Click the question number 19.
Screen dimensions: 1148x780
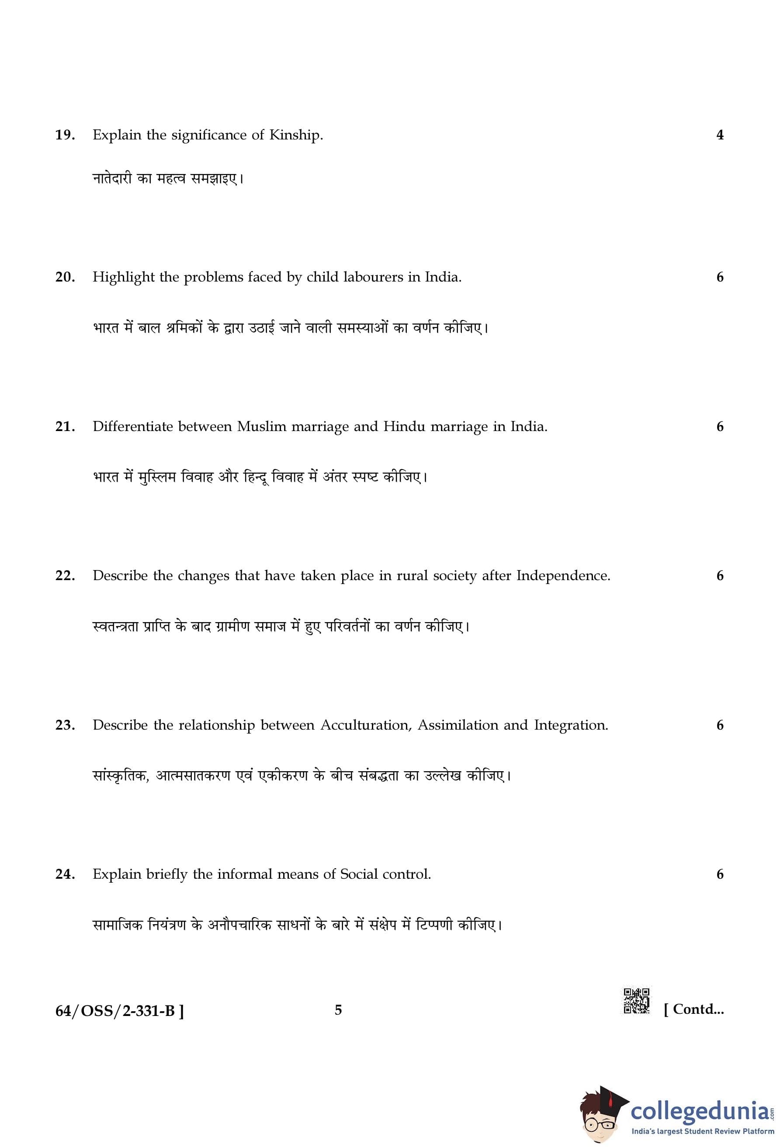[x=65, y=135]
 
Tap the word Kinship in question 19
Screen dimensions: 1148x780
[x=295, y=135]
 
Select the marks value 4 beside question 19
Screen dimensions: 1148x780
[x=719, y=135]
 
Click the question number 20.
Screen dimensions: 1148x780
[x=65, y=277]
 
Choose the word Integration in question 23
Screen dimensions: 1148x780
[x=571, y=725]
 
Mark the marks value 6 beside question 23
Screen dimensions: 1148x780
[x=719, y=725]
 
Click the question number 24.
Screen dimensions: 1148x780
[x=65, y=874]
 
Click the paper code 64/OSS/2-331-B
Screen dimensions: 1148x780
[x=119, y=1011]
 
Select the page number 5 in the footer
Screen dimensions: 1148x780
[x=338, y=1010]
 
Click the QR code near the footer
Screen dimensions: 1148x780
[x=636, y=1001]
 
